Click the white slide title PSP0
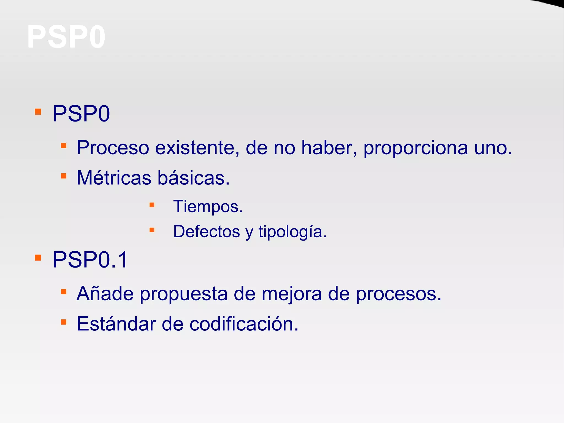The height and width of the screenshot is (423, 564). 66,37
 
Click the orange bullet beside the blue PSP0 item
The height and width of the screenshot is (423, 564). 38,112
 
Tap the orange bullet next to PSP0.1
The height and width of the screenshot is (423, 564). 38,258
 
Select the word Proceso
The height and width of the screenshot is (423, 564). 113,148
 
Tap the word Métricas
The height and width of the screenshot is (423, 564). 114,178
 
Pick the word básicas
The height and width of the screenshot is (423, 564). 194,178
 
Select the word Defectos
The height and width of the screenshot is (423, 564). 207,231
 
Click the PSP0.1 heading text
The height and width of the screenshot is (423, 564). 90,260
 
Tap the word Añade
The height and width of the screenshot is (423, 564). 105,293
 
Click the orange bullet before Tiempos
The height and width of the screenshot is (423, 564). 152,205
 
